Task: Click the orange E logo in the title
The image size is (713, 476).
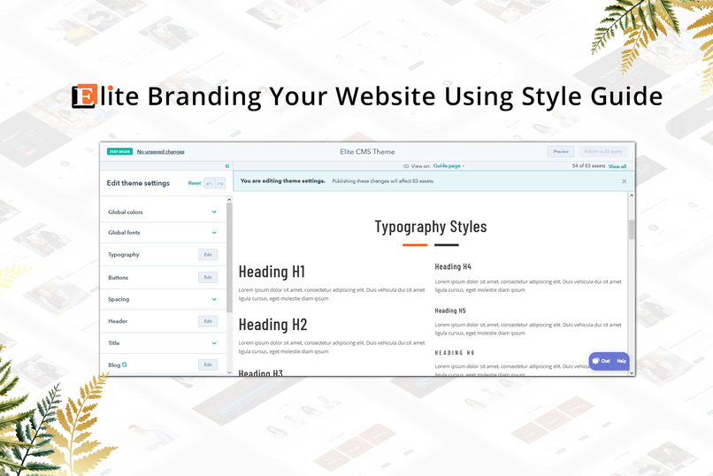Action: [85, 96]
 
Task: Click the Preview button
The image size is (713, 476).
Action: [560, 151]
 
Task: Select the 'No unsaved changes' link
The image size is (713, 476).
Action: [160, 151]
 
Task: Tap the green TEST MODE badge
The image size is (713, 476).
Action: [119, 151]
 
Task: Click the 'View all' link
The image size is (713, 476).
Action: [617, 166]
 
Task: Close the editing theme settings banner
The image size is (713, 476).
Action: [624, 181]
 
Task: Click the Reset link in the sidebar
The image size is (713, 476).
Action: [195, 183]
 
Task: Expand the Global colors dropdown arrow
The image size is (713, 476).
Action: [214, 212]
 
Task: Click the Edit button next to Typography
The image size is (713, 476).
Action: [208, 255]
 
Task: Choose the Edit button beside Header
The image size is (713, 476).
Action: [208, 321]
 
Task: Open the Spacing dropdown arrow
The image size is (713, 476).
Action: [214, 299]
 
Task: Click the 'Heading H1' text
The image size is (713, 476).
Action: [272, 272]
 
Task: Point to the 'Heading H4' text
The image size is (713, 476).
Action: [453, 266]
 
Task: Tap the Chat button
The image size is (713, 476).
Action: [602, 361]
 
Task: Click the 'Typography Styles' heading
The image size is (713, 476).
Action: [431, 226]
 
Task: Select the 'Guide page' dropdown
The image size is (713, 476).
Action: [448, 166]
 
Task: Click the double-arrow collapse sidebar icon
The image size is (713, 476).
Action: [227, 166]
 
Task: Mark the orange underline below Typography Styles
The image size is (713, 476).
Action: [415, 245]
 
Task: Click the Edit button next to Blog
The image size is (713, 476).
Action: [208, 365]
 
